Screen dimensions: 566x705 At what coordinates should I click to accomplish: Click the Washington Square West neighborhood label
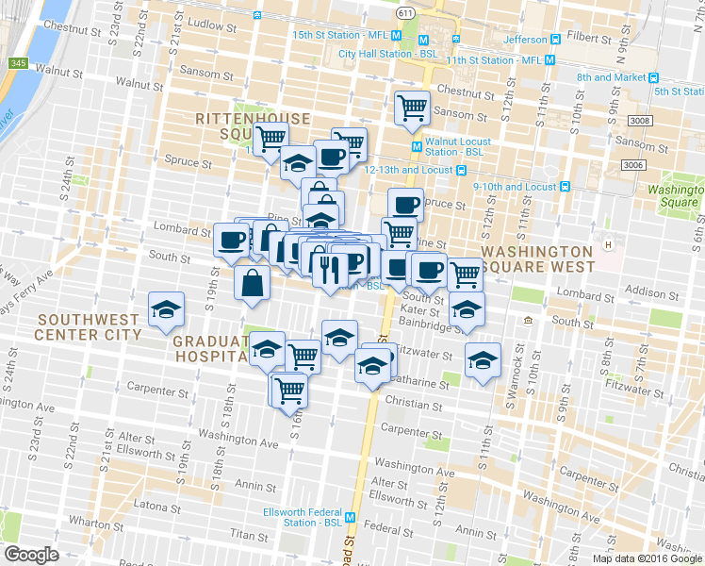[x=537, y=259]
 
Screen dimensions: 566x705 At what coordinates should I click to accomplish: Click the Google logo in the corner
[x=32, y=555]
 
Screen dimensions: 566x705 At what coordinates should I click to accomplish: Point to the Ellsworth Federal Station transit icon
[x=350, y=517]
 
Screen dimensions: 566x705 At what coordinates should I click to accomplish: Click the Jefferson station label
[x=525, y=40]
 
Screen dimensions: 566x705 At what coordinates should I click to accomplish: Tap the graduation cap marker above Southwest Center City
[x=167, y=308]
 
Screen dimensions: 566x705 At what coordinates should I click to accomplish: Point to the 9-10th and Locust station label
[x=515, y=187]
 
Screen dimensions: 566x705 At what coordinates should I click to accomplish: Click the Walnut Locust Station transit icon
[x=417, y=145]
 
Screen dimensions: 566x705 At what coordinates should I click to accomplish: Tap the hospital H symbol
[x=609, y=245]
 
